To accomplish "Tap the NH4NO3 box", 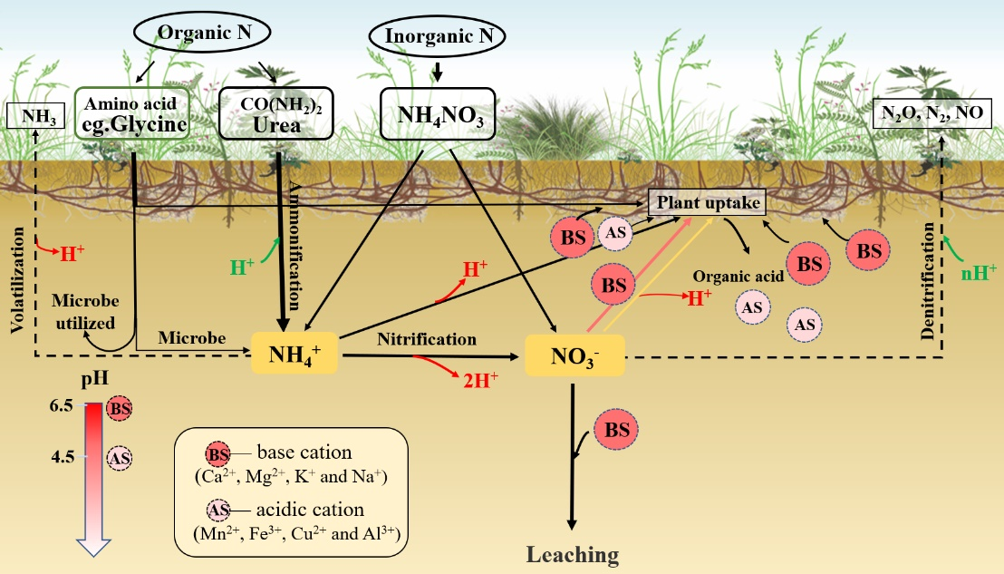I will tap(437, 114).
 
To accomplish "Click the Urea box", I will tap(276, 114).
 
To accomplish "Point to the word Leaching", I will tap(574, 554).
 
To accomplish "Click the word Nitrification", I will tap(427, 339).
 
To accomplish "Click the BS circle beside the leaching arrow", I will tap(616, 430).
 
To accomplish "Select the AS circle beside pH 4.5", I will tap(119, 458).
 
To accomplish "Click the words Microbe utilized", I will tap(83, 311).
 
